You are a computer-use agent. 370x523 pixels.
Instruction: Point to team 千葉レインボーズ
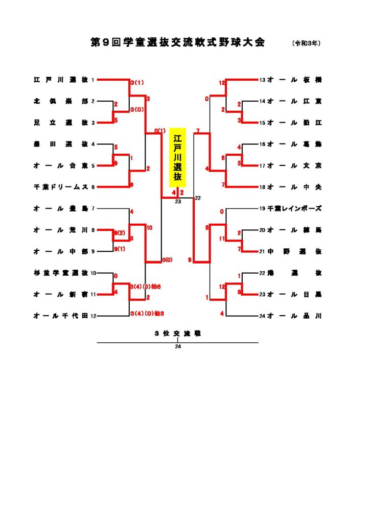coord(294,208)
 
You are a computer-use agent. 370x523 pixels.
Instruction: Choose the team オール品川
coord(294,316)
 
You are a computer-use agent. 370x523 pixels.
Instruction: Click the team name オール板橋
coord(294,80)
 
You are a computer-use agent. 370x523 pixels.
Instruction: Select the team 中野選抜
coord(294,251)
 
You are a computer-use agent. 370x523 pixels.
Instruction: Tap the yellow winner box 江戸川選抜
coord(177,157)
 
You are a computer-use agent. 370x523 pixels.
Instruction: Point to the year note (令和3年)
coord(307,44)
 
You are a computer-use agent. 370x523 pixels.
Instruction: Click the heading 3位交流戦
coord(177,333)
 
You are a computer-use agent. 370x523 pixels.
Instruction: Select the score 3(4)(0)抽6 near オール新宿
coord(146,287)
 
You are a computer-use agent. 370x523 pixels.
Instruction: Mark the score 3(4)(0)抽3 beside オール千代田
coord(147,313)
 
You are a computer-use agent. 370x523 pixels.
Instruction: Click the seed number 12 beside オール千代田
coord(94,316)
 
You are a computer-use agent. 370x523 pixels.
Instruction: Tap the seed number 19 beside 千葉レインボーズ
coord(262,208)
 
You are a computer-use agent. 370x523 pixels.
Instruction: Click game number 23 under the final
coord(178,202)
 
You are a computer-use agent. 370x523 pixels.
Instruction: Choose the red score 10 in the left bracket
coord(149,227)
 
